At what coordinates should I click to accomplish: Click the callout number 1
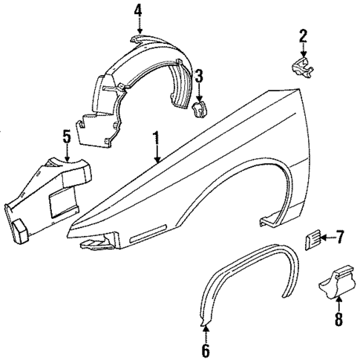tap(157, 138)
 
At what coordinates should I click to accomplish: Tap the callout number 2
tap(303, 35)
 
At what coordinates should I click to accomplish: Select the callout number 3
tap(199, 76)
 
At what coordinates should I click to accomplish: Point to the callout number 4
tap(137, 10)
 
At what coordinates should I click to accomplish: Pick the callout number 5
tap(66, 137)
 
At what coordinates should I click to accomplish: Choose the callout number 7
tap(340, 238)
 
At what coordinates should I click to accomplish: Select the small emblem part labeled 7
tap(310, 239)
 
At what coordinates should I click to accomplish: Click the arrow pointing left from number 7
tap(327, 238)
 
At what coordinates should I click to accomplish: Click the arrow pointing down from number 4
tap(137, 28)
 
